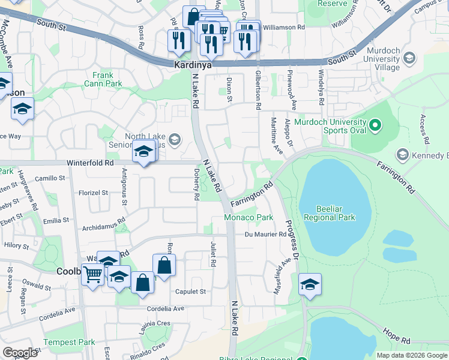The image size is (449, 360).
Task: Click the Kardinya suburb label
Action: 193,65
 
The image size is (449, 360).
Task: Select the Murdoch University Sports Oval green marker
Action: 376,125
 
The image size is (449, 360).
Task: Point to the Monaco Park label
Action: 249,217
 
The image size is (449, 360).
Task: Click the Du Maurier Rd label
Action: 265,234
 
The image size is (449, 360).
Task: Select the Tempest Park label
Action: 69,342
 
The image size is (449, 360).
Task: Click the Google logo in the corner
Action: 20,353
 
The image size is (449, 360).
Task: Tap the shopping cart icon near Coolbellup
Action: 93,275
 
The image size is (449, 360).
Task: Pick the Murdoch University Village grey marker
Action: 409,58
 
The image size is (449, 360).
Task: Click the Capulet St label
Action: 190,292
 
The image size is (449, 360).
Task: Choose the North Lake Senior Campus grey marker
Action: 174,140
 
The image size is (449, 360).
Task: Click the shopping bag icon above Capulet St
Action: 164,265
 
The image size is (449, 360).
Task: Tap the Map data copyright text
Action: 412,355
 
